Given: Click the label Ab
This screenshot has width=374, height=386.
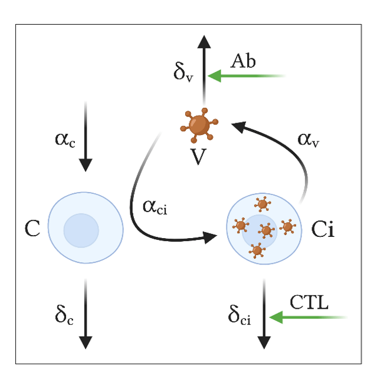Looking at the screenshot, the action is [x=243, y=61].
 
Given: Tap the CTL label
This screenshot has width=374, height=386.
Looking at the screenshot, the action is [x=309, y=302].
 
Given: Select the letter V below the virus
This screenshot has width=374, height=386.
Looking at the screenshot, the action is [x=198, y=157].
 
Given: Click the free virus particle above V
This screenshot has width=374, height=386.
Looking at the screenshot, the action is [x=199, y=126].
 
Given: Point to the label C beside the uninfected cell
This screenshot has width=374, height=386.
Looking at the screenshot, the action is [x=32, y=228].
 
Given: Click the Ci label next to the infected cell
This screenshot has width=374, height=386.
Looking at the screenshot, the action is [x=323, y=229].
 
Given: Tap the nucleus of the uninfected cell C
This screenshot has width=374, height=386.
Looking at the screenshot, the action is [x=81, y=230].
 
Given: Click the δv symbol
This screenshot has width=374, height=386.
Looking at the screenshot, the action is [x=183, y=72].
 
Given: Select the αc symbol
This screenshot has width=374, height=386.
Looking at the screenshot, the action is [x=65, y=140].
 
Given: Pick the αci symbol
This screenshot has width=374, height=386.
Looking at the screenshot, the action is [x=155, y=207].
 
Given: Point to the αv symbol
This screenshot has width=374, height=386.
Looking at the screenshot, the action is [x=308, y=140].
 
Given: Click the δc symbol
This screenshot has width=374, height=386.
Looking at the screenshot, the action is [x=64, y=315].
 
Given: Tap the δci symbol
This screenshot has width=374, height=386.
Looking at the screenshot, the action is [x=240, y=315].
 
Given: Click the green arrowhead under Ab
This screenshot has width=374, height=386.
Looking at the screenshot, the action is [x=214, y=76].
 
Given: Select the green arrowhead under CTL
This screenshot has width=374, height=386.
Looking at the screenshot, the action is [x=276, y=317].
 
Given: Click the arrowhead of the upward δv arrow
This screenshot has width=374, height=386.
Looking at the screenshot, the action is [x=204, y=42].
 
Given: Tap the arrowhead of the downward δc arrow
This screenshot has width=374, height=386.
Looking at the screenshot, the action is [x=86, y=342].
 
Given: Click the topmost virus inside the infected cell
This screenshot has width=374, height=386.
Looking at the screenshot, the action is [x=263, y=204].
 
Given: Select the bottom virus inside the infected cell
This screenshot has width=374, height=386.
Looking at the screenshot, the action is [x=257, y=250].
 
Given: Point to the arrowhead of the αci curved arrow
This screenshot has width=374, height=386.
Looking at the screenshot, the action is [x=209, y=237].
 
